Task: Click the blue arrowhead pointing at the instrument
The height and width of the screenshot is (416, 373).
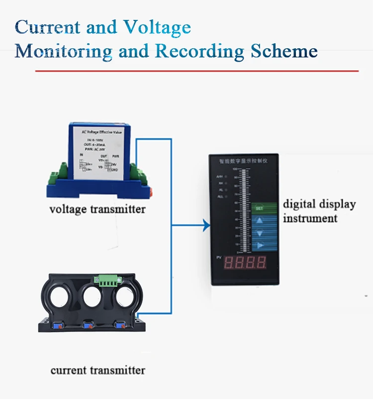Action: (x=205, y=226)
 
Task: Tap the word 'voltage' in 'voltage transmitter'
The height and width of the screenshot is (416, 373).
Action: (x=68, y=208)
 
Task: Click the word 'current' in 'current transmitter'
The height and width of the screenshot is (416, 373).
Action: (x=68, y=370)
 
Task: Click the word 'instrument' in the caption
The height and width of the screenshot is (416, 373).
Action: (x=310, y=218)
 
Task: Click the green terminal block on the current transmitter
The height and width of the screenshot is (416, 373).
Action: (x=106, y=281)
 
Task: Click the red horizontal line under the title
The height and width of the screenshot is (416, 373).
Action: (x=196, y=71)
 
